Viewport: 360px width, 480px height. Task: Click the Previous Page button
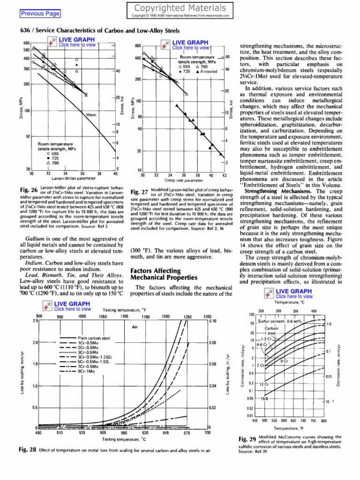coord(40,14)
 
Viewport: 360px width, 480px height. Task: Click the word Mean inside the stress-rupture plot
coord(91,114)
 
